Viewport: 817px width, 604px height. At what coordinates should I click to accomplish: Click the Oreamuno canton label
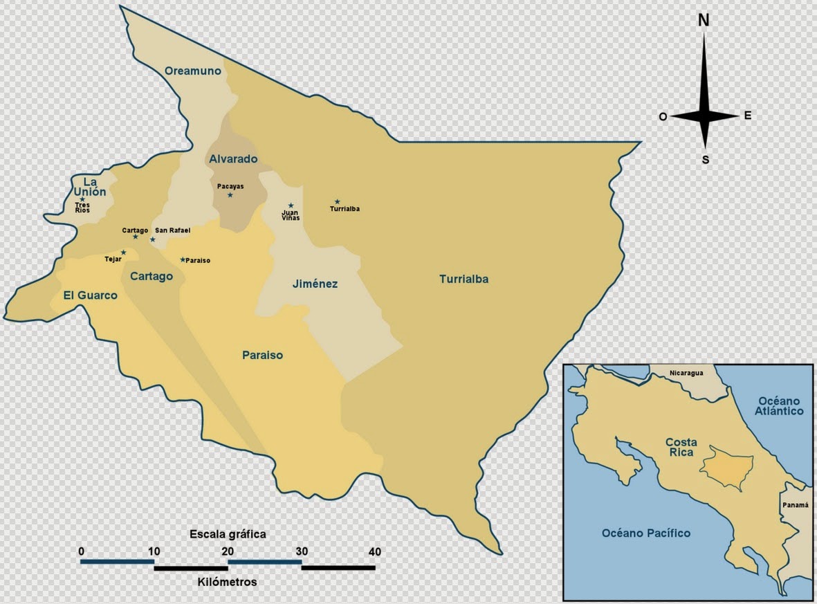[192, 71]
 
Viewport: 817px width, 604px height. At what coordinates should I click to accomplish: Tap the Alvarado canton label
[232, 159]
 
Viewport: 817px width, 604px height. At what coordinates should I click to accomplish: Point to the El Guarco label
[90, 295]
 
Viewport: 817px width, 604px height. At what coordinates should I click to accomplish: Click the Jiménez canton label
[315, 284]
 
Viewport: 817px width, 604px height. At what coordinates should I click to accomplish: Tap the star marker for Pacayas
[230, 195]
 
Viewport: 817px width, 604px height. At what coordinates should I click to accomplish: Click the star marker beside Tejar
[124, 253]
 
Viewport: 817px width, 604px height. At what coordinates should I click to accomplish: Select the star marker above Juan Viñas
[291, 205]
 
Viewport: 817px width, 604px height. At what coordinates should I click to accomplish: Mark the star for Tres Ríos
[82, 199]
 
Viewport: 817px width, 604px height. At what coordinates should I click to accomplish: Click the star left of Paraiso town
[183, 260]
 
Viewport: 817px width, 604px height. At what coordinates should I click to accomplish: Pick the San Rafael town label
[172, 230]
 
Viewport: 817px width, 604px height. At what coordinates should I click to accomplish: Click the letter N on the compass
[704, 21]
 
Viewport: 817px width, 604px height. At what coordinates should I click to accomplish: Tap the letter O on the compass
[663, 118]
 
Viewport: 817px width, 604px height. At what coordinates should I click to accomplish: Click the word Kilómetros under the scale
[226, 582]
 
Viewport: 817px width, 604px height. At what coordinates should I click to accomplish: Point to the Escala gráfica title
[228, 534]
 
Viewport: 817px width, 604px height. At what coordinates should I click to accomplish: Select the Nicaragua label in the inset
[686, 373]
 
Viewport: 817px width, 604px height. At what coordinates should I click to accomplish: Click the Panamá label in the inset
[795, 505]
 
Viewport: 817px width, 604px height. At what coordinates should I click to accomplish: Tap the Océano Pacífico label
[645, 533]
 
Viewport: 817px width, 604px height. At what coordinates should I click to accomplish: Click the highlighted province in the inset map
[726, 468]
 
